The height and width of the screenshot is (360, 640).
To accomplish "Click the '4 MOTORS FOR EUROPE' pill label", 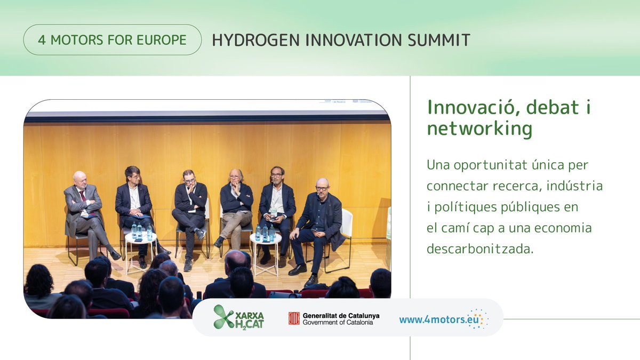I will [112, 40].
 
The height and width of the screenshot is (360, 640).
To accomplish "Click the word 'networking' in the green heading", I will [479, 129].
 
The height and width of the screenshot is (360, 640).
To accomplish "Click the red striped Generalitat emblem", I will [294, 318].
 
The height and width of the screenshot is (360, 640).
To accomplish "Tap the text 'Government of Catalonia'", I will [341, 323].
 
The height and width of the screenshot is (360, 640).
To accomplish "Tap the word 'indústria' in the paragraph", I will [575, 186].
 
